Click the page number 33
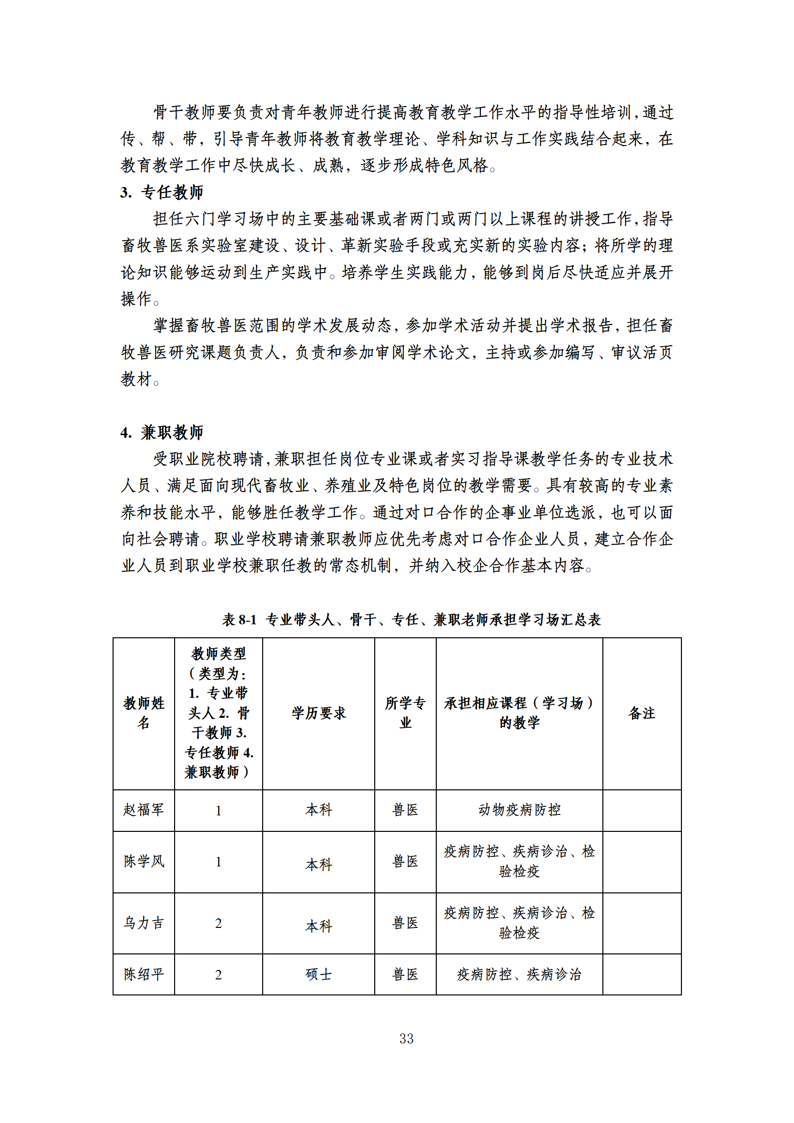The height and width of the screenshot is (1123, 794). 406,1038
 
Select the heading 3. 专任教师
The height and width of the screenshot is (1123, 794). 162,192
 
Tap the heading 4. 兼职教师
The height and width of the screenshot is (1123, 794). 162,432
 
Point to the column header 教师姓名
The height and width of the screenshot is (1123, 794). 144,713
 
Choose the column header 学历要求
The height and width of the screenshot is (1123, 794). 319,713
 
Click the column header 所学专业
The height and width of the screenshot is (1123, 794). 405,713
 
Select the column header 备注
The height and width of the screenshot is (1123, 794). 642,713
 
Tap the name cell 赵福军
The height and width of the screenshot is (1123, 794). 144,810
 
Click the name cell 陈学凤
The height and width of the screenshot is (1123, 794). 144,861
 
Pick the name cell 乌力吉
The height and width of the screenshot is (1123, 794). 144,923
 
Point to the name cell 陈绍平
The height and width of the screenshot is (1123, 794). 144,974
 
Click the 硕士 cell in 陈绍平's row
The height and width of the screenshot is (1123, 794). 319,974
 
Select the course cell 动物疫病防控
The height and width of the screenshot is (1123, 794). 519,810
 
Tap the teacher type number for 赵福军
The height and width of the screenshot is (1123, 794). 219,811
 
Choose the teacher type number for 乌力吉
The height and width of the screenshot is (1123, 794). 219,923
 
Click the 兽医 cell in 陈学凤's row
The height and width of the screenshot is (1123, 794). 405,861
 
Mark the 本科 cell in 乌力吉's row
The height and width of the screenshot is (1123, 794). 319,926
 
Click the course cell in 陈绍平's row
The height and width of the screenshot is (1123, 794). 519,974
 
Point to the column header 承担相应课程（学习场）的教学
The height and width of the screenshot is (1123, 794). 519,713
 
